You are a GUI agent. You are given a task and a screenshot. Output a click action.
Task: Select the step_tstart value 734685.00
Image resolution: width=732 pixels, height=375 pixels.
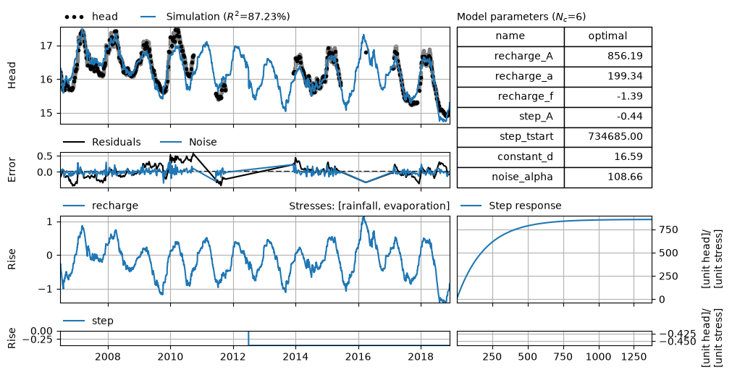pyautogui.click(x=616, y=136)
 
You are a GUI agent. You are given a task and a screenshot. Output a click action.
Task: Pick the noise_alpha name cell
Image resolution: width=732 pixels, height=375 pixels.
pyautogui.click(x=510, y=177)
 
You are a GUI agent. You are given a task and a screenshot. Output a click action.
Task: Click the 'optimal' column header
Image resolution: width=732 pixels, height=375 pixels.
pyautogui.click(x=607, y=36)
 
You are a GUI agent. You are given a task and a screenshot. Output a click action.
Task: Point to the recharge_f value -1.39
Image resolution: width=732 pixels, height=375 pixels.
pyautogui.click(x=630, y=96)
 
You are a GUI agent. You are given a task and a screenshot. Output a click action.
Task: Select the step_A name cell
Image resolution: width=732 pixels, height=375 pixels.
pyautogui.click(x=510, y=117)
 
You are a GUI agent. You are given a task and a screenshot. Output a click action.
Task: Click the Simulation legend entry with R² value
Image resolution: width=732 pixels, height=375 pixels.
pyautogui.click(x=215, y=17)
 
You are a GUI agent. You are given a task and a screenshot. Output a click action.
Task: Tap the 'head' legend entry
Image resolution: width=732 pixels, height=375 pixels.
pyautogui.click(x=91, y=17)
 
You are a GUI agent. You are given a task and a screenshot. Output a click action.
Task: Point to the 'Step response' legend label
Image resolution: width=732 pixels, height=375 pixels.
pyautogui.click(x=525, y=206)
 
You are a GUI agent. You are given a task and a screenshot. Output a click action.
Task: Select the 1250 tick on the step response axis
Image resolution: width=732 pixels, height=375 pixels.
pyautogui.click(x=634, y=357)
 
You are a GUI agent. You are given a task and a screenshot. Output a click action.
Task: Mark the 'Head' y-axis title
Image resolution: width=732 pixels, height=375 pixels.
pyautogui.click(x=12, y=75)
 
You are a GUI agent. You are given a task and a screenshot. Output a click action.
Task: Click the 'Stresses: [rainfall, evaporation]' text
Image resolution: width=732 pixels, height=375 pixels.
pyautogui.click(x=369, y=206)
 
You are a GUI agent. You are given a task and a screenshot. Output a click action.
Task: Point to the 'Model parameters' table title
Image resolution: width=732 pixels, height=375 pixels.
pyautogui.click(x=521, y=17)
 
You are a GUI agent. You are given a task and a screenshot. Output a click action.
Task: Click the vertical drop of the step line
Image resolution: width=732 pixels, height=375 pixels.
pyautogui.click(x=248, y=338)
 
